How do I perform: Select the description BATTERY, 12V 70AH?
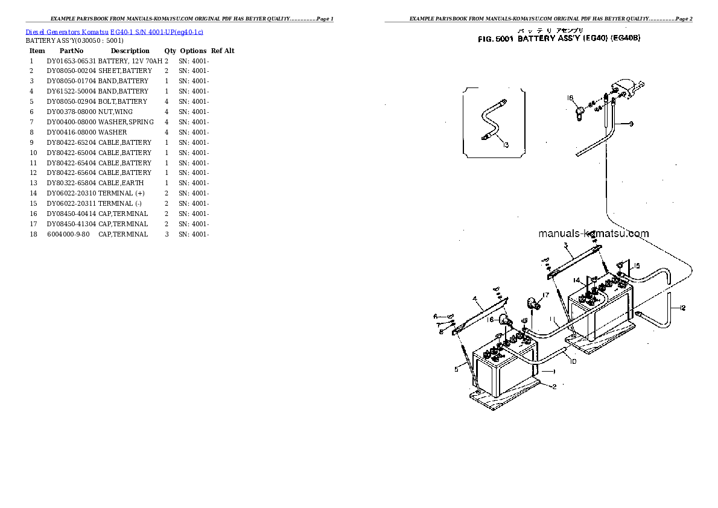point(130,61)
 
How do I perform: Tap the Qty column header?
point(170,51)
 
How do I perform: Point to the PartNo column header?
point(71,51)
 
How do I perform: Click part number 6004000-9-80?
point(68,234)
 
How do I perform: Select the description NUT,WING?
point(115,112)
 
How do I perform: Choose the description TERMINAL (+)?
point(122,193)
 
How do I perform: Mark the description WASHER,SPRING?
point(125,122)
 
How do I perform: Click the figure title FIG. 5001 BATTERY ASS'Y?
point(558,38)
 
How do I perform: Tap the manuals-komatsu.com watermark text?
point(593,233)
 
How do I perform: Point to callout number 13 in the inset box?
point(505,145)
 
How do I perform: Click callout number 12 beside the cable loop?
point(682,309)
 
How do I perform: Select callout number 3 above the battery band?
point(565,245)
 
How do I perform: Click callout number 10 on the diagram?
point(573,361)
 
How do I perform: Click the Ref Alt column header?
point(223,51)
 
